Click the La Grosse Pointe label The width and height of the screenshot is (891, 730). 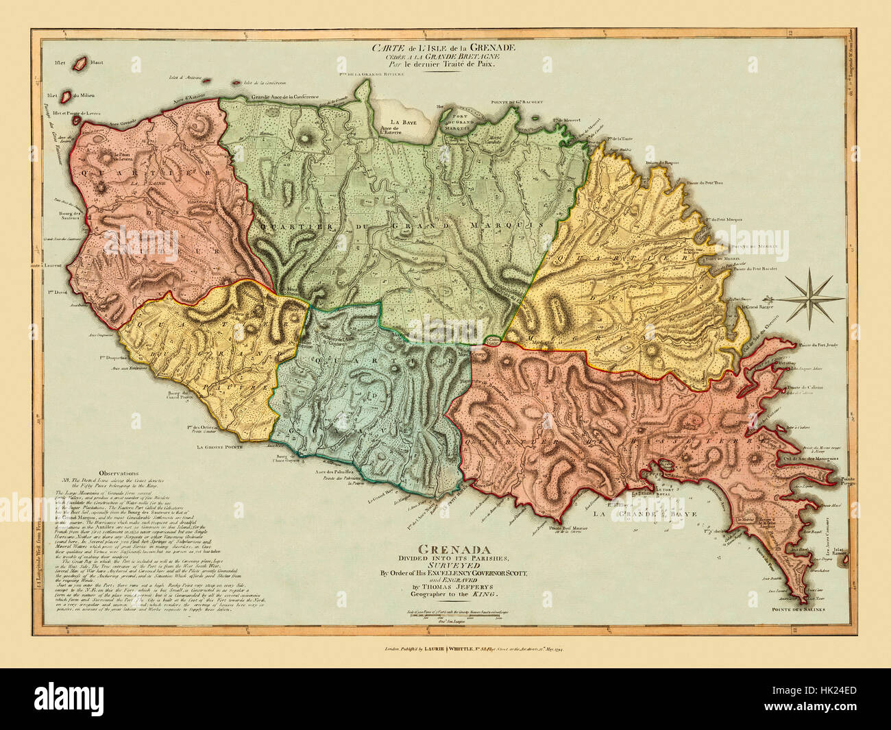219,447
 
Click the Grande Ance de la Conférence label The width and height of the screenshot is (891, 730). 286,97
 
